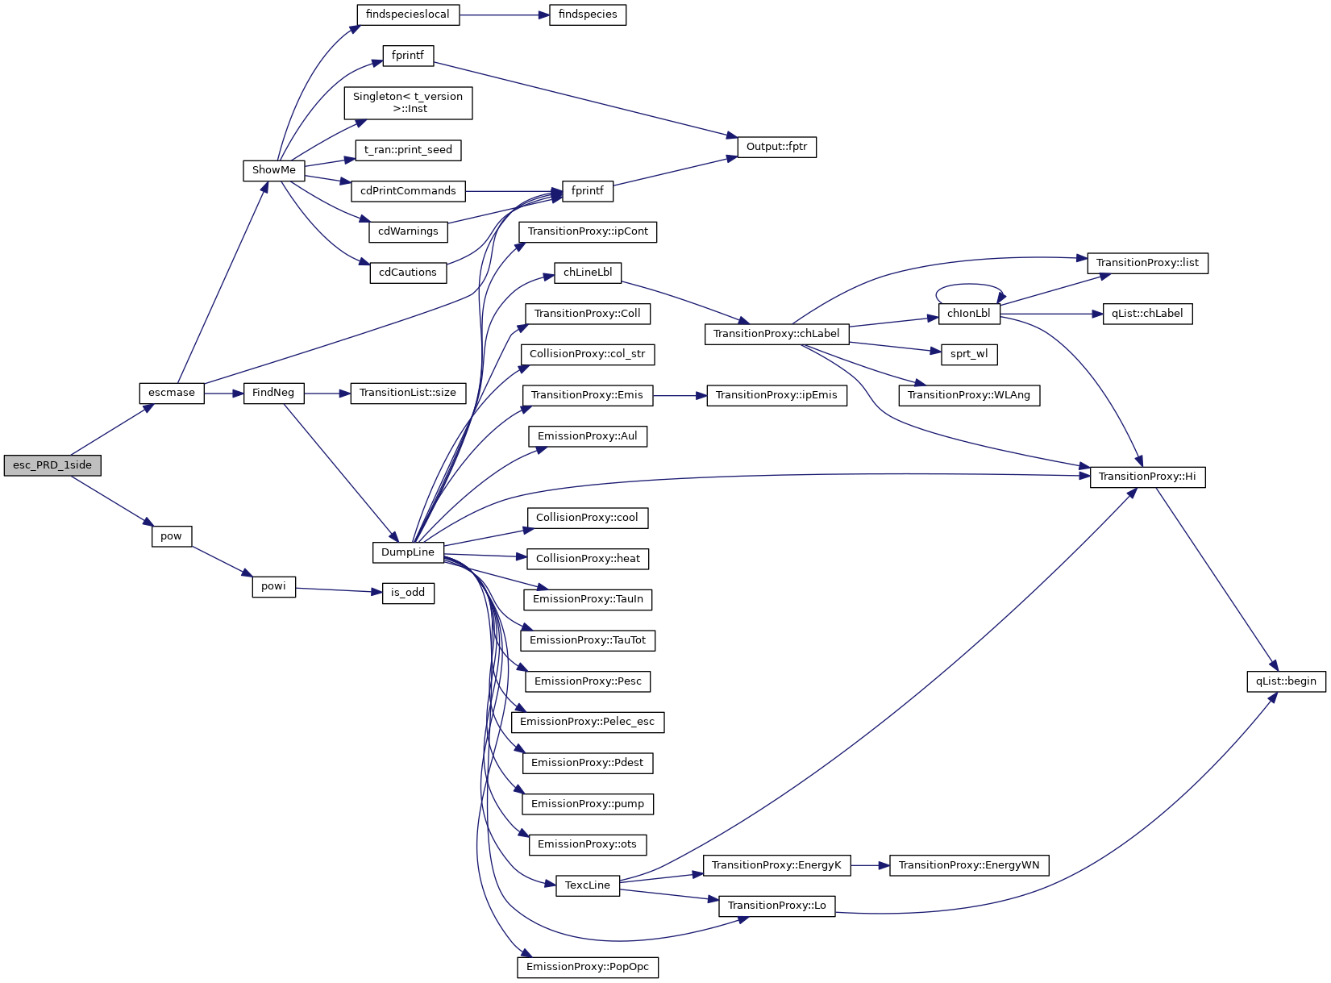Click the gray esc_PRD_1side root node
(52, 465)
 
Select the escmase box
(172, 393)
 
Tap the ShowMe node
(274, 170)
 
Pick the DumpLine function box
(408, 552)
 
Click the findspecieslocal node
(408, 15)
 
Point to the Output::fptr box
(776, 147)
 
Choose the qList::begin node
(1286, 681)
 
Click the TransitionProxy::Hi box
(1147, 477)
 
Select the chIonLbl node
(969, 314)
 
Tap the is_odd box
(408, 593)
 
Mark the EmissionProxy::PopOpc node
(588, 967)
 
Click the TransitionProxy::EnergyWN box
(969, 865)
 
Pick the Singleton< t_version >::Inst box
(408, 102)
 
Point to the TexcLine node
(588, 885)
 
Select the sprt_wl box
(969, 354)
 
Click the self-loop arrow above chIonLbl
(969, 285)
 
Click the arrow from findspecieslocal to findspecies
(505, 15)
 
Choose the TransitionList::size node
(408, 393)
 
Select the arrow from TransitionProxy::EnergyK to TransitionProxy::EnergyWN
(869, 865)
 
